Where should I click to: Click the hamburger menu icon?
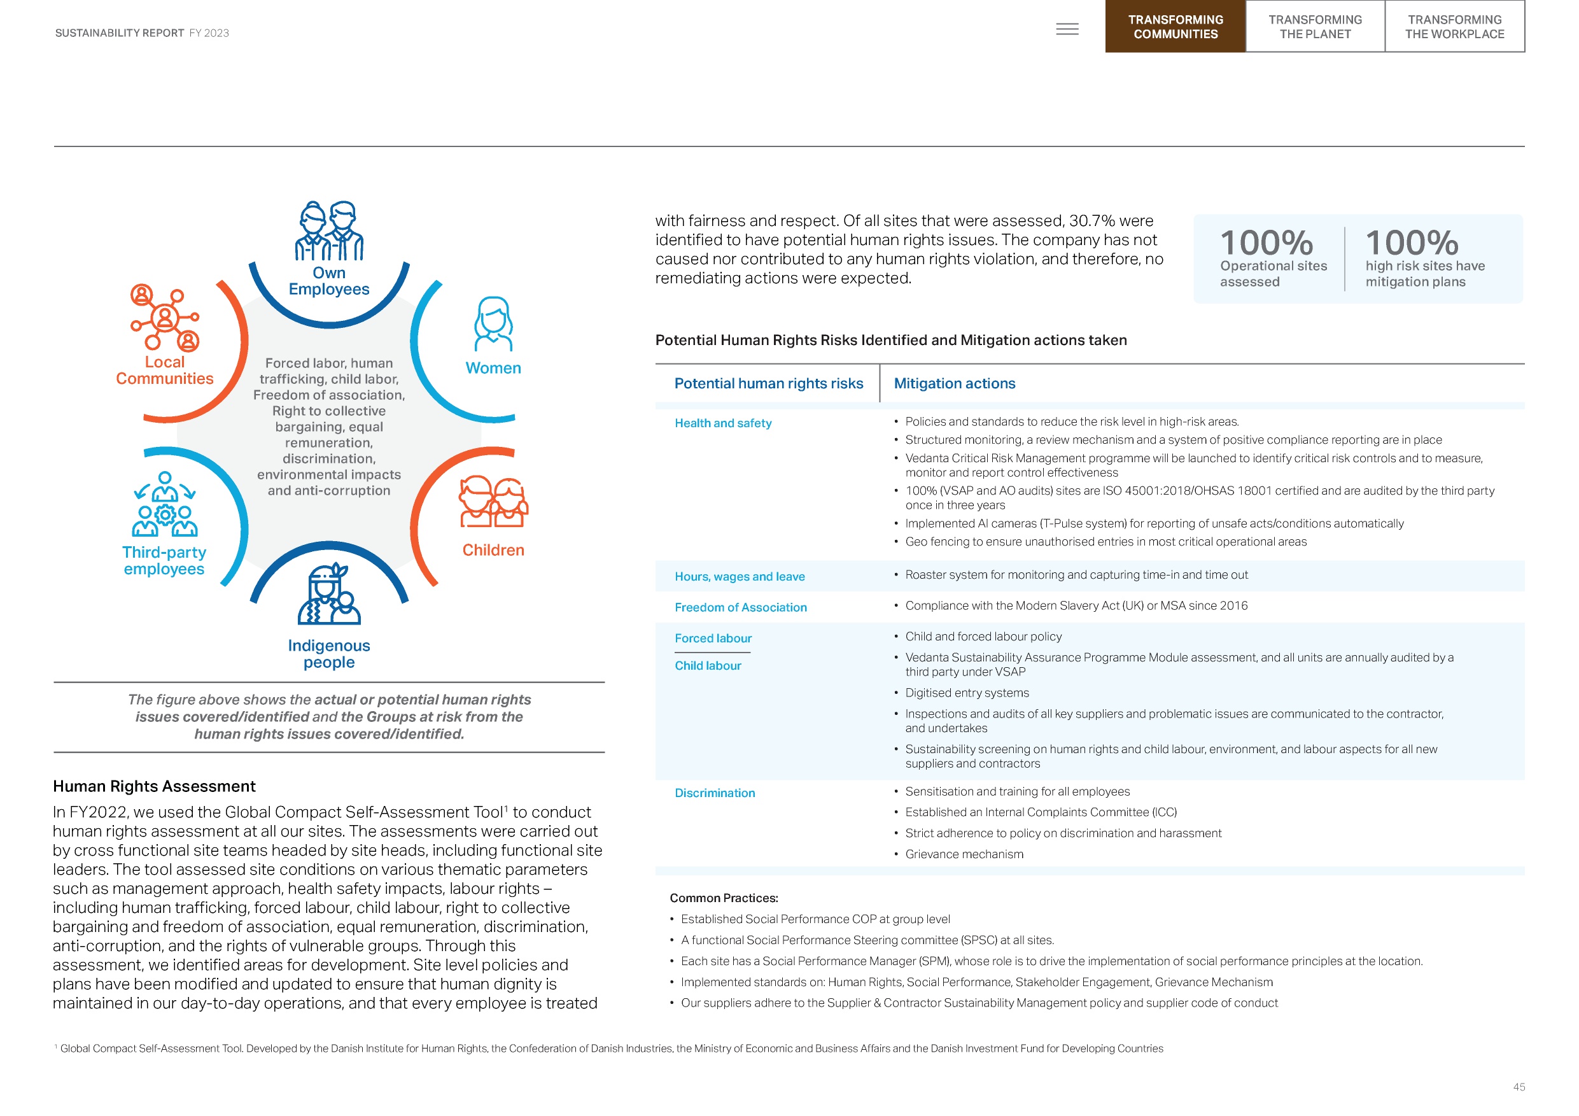pyautogui.click(x=1067, y=29)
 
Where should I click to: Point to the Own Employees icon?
pyautogui.click(x=329, y=230)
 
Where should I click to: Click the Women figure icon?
pyautogui.click(x=493, y=324)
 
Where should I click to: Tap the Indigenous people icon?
pyautogui.click(x=329, y=595)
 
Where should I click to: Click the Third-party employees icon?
pyautogui.click(x=164, y=504)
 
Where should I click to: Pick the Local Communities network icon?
pyautogui.click(x=164, y=317)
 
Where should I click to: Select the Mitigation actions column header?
pyautogui.click(x=954, y=383)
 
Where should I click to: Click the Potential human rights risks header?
pyautogui.click(x=768, y=383)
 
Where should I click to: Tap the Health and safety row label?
pyautogui.click(x=723, y=423)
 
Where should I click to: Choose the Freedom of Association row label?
pyautogui.click(x=740, y=607)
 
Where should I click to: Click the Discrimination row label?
pyautogui.click(x=715, y=793)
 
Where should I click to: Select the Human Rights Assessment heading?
pyautogui.click(x=154, y=786)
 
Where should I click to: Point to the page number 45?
pyautogui.click(x=1519, y=1087)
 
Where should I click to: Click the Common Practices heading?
pyautogui.click(x=724, y=898)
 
